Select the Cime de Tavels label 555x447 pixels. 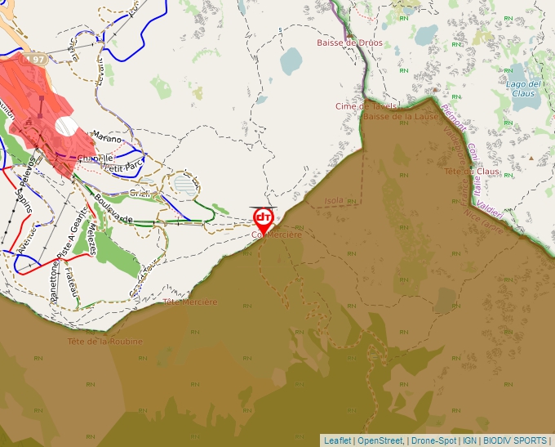tap(366, 106)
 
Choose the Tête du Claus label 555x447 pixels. tap(471, 172)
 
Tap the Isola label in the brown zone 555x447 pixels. tap(334, 200)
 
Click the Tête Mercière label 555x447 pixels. tap(190, 302)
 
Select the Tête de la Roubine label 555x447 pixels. tap(105, 342)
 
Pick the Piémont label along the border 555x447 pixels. tap(453, 117)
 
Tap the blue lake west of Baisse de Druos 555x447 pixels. tap(291, 60)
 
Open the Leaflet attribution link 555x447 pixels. tap(337, 440)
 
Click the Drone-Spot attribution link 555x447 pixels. tap(433, 440)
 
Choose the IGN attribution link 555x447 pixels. tap(469, 440)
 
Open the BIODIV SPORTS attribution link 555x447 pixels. tap(514, 440)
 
